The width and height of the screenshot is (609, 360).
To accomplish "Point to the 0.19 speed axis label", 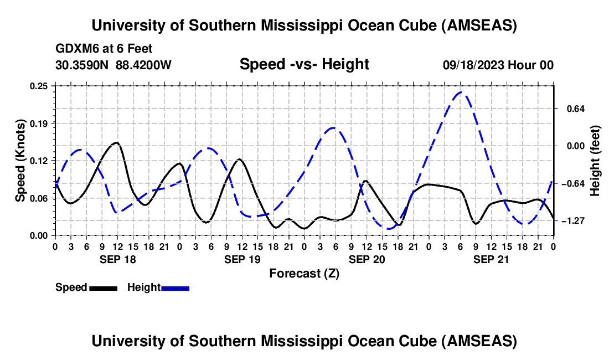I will point(39,123).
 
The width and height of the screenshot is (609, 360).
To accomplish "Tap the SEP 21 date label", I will point(491,259).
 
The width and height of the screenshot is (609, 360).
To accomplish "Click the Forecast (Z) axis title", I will point(304,273).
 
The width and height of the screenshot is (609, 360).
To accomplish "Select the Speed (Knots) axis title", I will point(20,160).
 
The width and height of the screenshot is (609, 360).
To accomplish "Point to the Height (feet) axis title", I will point(595,161).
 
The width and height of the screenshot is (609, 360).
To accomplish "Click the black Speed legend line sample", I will point(102,288).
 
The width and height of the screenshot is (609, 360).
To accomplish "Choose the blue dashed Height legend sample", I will point(175,288).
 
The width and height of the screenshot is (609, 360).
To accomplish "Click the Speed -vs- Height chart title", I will point(304,64).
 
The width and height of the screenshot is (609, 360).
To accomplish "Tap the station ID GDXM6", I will point(76,49).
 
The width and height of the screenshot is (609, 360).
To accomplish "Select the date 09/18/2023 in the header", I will point(472,65).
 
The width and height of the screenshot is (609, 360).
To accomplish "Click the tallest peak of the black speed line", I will point(116,142).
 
